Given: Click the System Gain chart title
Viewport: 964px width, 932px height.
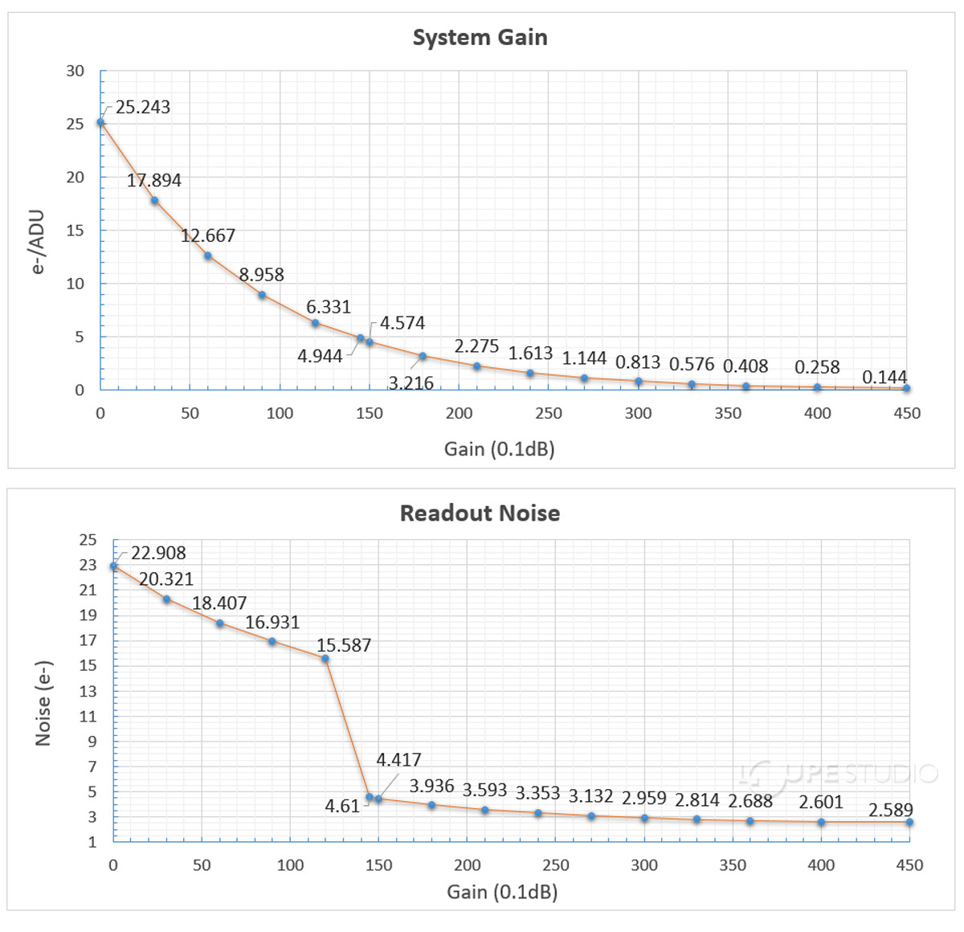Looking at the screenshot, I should (x=480, y=38).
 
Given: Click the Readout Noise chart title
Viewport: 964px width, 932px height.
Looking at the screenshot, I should (x=480, y=513).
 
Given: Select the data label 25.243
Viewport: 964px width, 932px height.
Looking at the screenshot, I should (x=143, y=108).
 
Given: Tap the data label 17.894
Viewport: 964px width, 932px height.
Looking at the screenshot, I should (x=154, y=181).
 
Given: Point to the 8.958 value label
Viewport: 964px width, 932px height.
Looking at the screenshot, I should (x=262, y=275).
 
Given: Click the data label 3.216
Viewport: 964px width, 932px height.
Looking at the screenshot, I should (x=411, y=383).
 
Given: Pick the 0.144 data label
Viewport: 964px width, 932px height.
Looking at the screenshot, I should (x=884, y=378).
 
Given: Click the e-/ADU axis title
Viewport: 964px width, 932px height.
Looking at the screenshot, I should (x=38, y=242).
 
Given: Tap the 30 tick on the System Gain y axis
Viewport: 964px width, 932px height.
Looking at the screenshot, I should (x=76, y=72).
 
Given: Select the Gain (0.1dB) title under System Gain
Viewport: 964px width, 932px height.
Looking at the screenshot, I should (x=500, y=449).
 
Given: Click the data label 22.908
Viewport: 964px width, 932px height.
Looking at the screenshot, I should (x=158, y=554).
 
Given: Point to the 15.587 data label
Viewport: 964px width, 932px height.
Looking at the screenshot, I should (x=344, y=646).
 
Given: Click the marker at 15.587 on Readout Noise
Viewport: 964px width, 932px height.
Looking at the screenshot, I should (x=325, y=659).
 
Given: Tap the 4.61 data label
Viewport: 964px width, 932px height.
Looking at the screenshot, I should (x=342, y=807).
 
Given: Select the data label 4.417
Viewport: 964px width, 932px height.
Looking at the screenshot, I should (x=398, y=760).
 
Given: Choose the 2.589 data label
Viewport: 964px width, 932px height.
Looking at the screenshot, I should (x=891, y=810).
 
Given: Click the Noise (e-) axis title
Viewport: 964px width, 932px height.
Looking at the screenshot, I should (x=44, y=704).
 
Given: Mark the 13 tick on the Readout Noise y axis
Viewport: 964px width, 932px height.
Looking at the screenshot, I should (x=88, y=691).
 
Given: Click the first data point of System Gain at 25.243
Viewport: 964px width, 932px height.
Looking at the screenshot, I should (x=100, y=123).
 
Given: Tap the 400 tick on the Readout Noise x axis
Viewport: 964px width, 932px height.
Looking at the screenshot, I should (x=821, y=865).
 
